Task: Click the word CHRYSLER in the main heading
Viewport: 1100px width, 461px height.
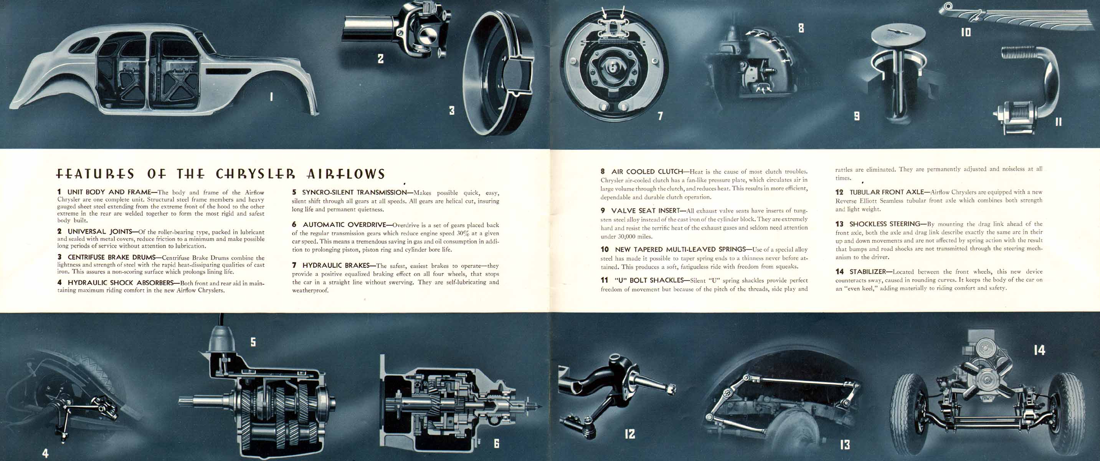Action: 255,174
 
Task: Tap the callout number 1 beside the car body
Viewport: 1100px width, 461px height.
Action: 271,97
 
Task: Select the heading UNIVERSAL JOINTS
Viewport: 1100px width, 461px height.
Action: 99,232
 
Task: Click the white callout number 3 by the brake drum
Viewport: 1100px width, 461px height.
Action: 452,111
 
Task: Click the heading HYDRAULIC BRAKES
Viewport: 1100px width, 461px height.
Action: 336,265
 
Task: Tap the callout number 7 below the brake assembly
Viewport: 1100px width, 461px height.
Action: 660,116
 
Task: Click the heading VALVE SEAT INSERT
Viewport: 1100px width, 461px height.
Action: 645,211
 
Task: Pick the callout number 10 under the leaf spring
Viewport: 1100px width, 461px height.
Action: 966,32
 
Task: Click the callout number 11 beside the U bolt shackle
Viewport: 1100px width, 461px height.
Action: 1059,122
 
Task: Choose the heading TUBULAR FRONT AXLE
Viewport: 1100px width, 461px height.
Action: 887,192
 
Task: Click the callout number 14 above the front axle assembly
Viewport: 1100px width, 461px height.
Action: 1039,350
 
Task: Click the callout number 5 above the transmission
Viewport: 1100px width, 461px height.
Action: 253,342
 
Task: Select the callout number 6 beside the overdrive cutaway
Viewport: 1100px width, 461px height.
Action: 497,443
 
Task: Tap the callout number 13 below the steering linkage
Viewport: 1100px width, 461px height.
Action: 845,445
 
